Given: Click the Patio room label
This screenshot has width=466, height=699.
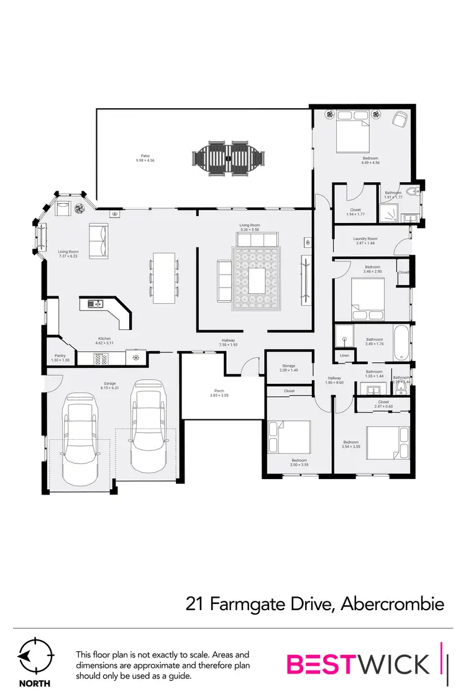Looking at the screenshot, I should point(145,156).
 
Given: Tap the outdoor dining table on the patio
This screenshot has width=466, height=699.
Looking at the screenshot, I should point(228,159).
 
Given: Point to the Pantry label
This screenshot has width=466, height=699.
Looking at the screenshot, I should point(61,356).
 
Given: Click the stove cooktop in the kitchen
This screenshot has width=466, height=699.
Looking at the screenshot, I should point(101,358).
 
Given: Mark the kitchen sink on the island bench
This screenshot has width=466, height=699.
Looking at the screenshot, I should point(94,304).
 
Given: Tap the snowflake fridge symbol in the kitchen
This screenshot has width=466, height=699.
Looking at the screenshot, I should point(135,358).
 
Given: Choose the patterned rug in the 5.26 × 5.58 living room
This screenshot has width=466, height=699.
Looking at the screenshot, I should point(257,278).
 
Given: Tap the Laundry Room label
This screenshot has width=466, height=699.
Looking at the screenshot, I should point(365,239).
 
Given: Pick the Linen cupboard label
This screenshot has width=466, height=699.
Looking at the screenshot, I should point(344,355).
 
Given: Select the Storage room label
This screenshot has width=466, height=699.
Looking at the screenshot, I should point(288,366).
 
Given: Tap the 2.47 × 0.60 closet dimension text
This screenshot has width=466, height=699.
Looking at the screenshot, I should point(383,406).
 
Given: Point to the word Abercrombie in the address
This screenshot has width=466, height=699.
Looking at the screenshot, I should point(393,603).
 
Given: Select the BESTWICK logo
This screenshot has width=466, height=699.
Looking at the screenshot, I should point(358,664).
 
